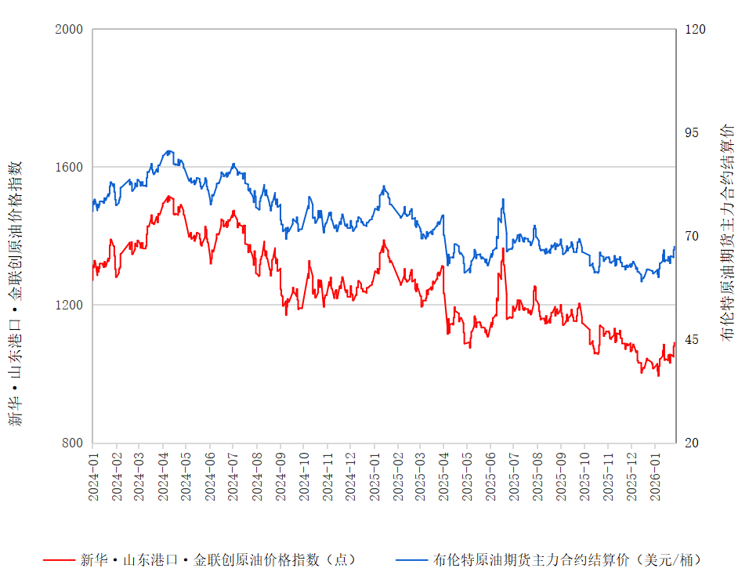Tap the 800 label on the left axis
pyautogui.click(x=72, y=443)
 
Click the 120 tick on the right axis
pyautogui.click(x=696, y=30)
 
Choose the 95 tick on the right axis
pyautogui.click(x=693, y=132)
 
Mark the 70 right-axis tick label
pyautogui.click(x=693, y=236)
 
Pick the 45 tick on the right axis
pyautogui.click(x=693, y=339)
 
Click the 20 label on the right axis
pyautogui.click(x=693, y=443)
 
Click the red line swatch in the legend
pyautogui.click(x=58, y=560)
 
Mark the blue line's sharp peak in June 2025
pyautogui.click(x=502, y=199)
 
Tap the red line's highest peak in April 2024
pyautogui.click(x=169, y=196)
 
